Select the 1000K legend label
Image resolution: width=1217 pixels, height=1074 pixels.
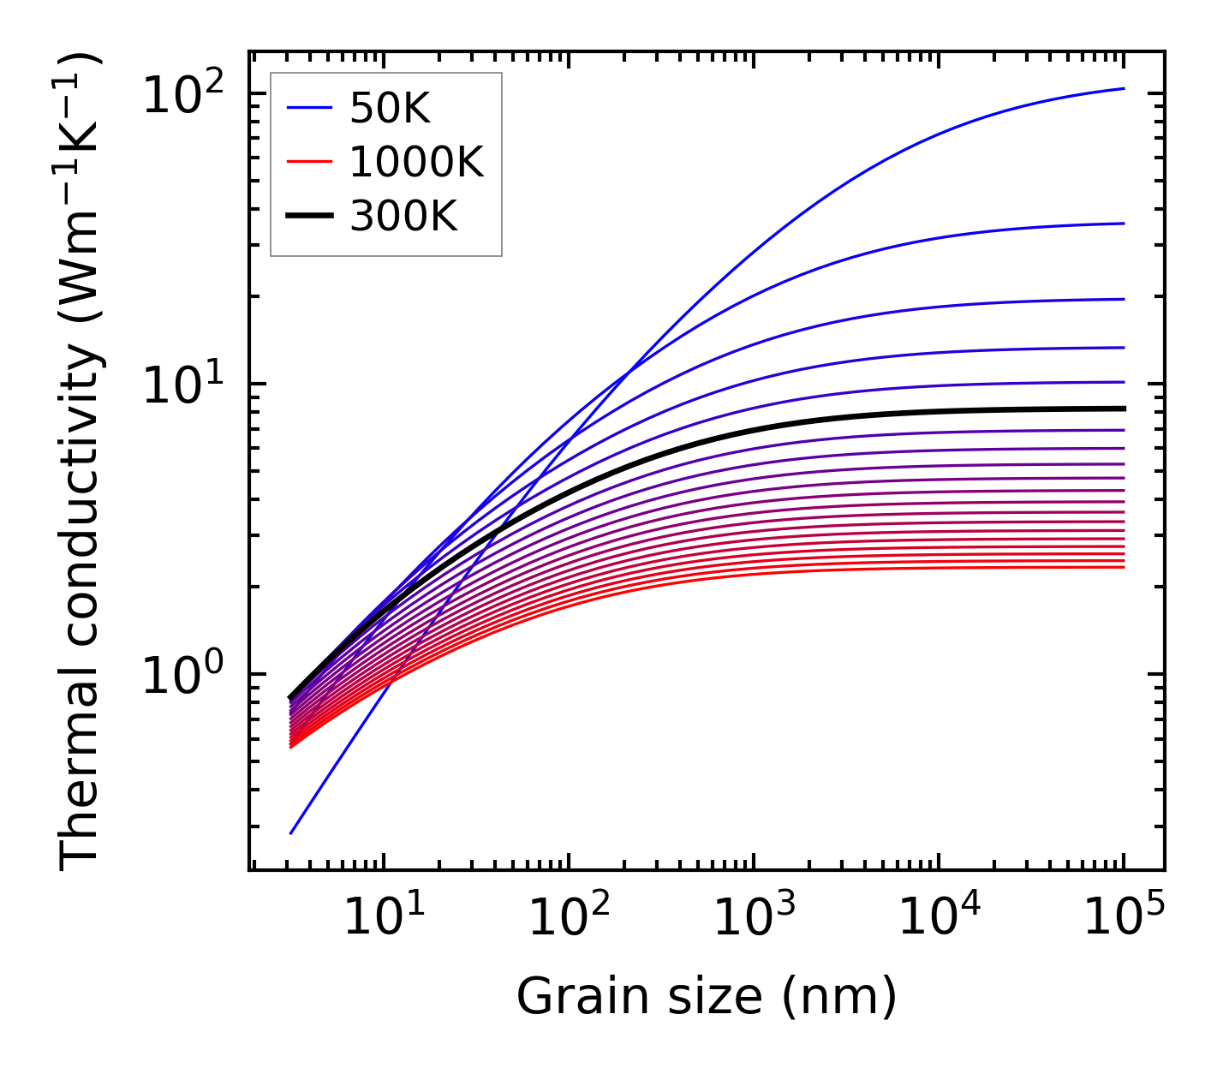pos(416,163)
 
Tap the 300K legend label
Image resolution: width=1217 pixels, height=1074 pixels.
pos(403,218)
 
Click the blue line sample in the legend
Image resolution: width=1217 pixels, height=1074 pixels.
pos(308,109)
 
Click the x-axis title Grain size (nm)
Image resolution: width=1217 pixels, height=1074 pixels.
pos(707,998)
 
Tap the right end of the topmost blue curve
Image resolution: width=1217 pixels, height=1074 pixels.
pos(1124,88)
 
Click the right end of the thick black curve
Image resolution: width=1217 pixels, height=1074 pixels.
pos(1124,409)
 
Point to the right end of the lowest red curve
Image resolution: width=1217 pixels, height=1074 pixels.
pos(1124,567)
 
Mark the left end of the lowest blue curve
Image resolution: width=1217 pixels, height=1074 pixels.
pos(291,832)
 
